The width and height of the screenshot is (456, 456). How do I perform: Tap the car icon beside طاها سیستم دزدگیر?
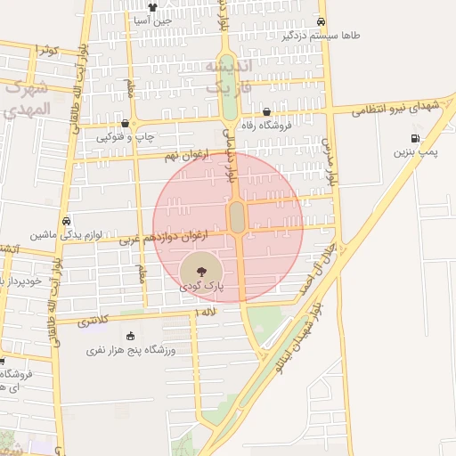tap(322, 23)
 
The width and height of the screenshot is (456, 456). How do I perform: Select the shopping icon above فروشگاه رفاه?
tap(267, 111)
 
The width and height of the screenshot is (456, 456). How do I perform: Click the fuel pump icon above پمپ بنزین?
tap(415, 137)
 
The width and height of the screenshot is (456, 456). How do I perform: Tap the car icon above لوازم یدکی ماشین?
tap(66, 221)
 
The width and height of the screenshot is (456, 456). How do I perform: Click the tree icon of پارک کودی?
tap(197, 268)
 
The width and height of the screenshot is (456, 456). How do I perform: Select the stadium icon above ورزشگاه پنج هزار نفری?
tap(132, 336)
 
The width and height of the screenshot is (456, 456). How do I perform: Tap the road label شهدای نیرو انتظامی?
tap(395, 108)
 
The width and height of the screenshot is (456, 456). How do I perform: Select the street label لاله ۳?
tap(206, 313)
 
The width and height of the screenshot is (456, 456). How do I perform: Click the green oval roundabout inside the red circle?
tap(238, 216)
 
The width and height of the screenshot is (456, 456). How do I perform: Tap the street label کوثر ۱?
tap(45, 50)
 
